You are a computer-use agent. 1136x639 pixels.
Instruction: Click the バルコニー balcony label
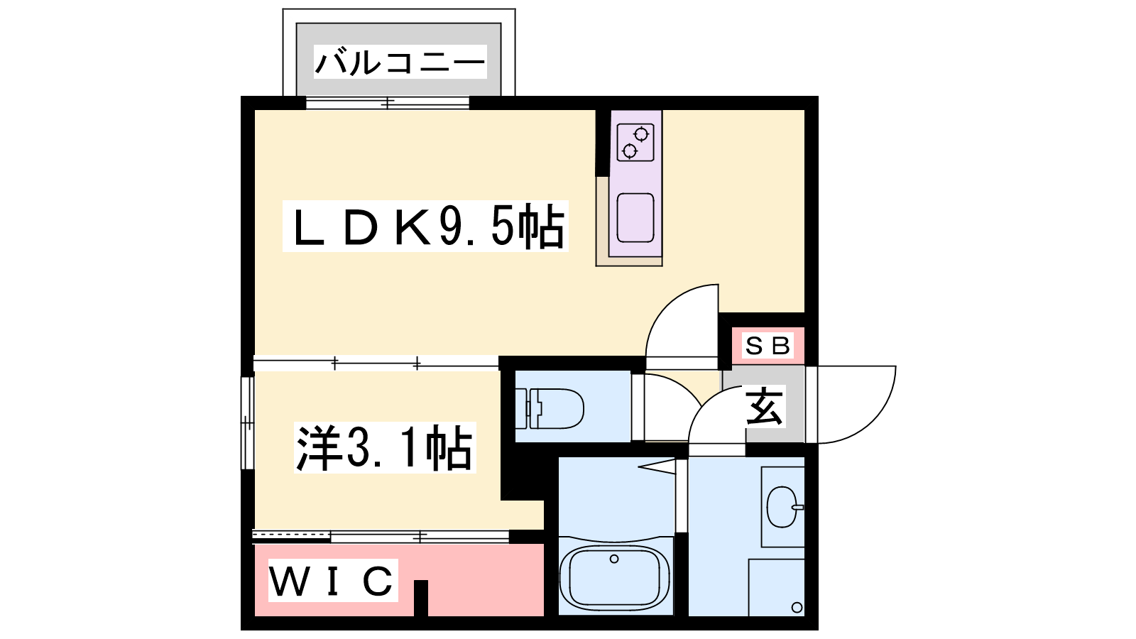tap(400, 62)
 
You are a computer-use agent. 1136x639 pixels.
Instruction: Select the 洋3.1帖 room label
tap(384, 448)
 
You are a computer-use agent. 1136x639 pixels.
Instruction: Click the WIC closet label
tap(331, 581)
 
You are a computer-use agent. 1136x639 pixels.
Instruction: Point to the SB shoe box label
tap(767, 346)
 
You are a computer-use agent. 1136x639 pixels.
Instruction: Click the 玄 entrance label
tap(765, 406)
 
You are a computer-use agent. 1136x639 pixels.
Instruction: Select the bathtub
tap(614, 577)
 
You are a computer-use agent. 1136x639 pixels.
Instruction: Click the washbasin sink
tap(782, 506)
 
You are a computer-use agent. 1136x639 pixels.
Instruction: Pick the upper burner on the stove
tap(642, 133)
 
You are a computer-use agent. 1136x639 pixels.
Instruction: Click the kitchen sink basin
tap(635, 217)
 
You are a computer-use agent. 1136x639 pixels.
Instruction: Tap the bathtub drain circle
tap(614, 559)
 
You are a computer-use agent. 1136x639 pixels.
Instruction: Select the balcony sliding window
tap(387, 103)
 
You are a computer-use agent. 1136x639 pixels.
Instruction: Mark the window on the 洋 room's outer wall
tap(247, 422)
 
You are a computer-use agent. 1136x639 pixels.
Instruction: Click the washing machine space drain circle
tap(797, 607)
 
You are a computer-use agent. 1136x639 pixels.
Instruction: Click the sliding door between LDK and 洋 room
tap(376, 364)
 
